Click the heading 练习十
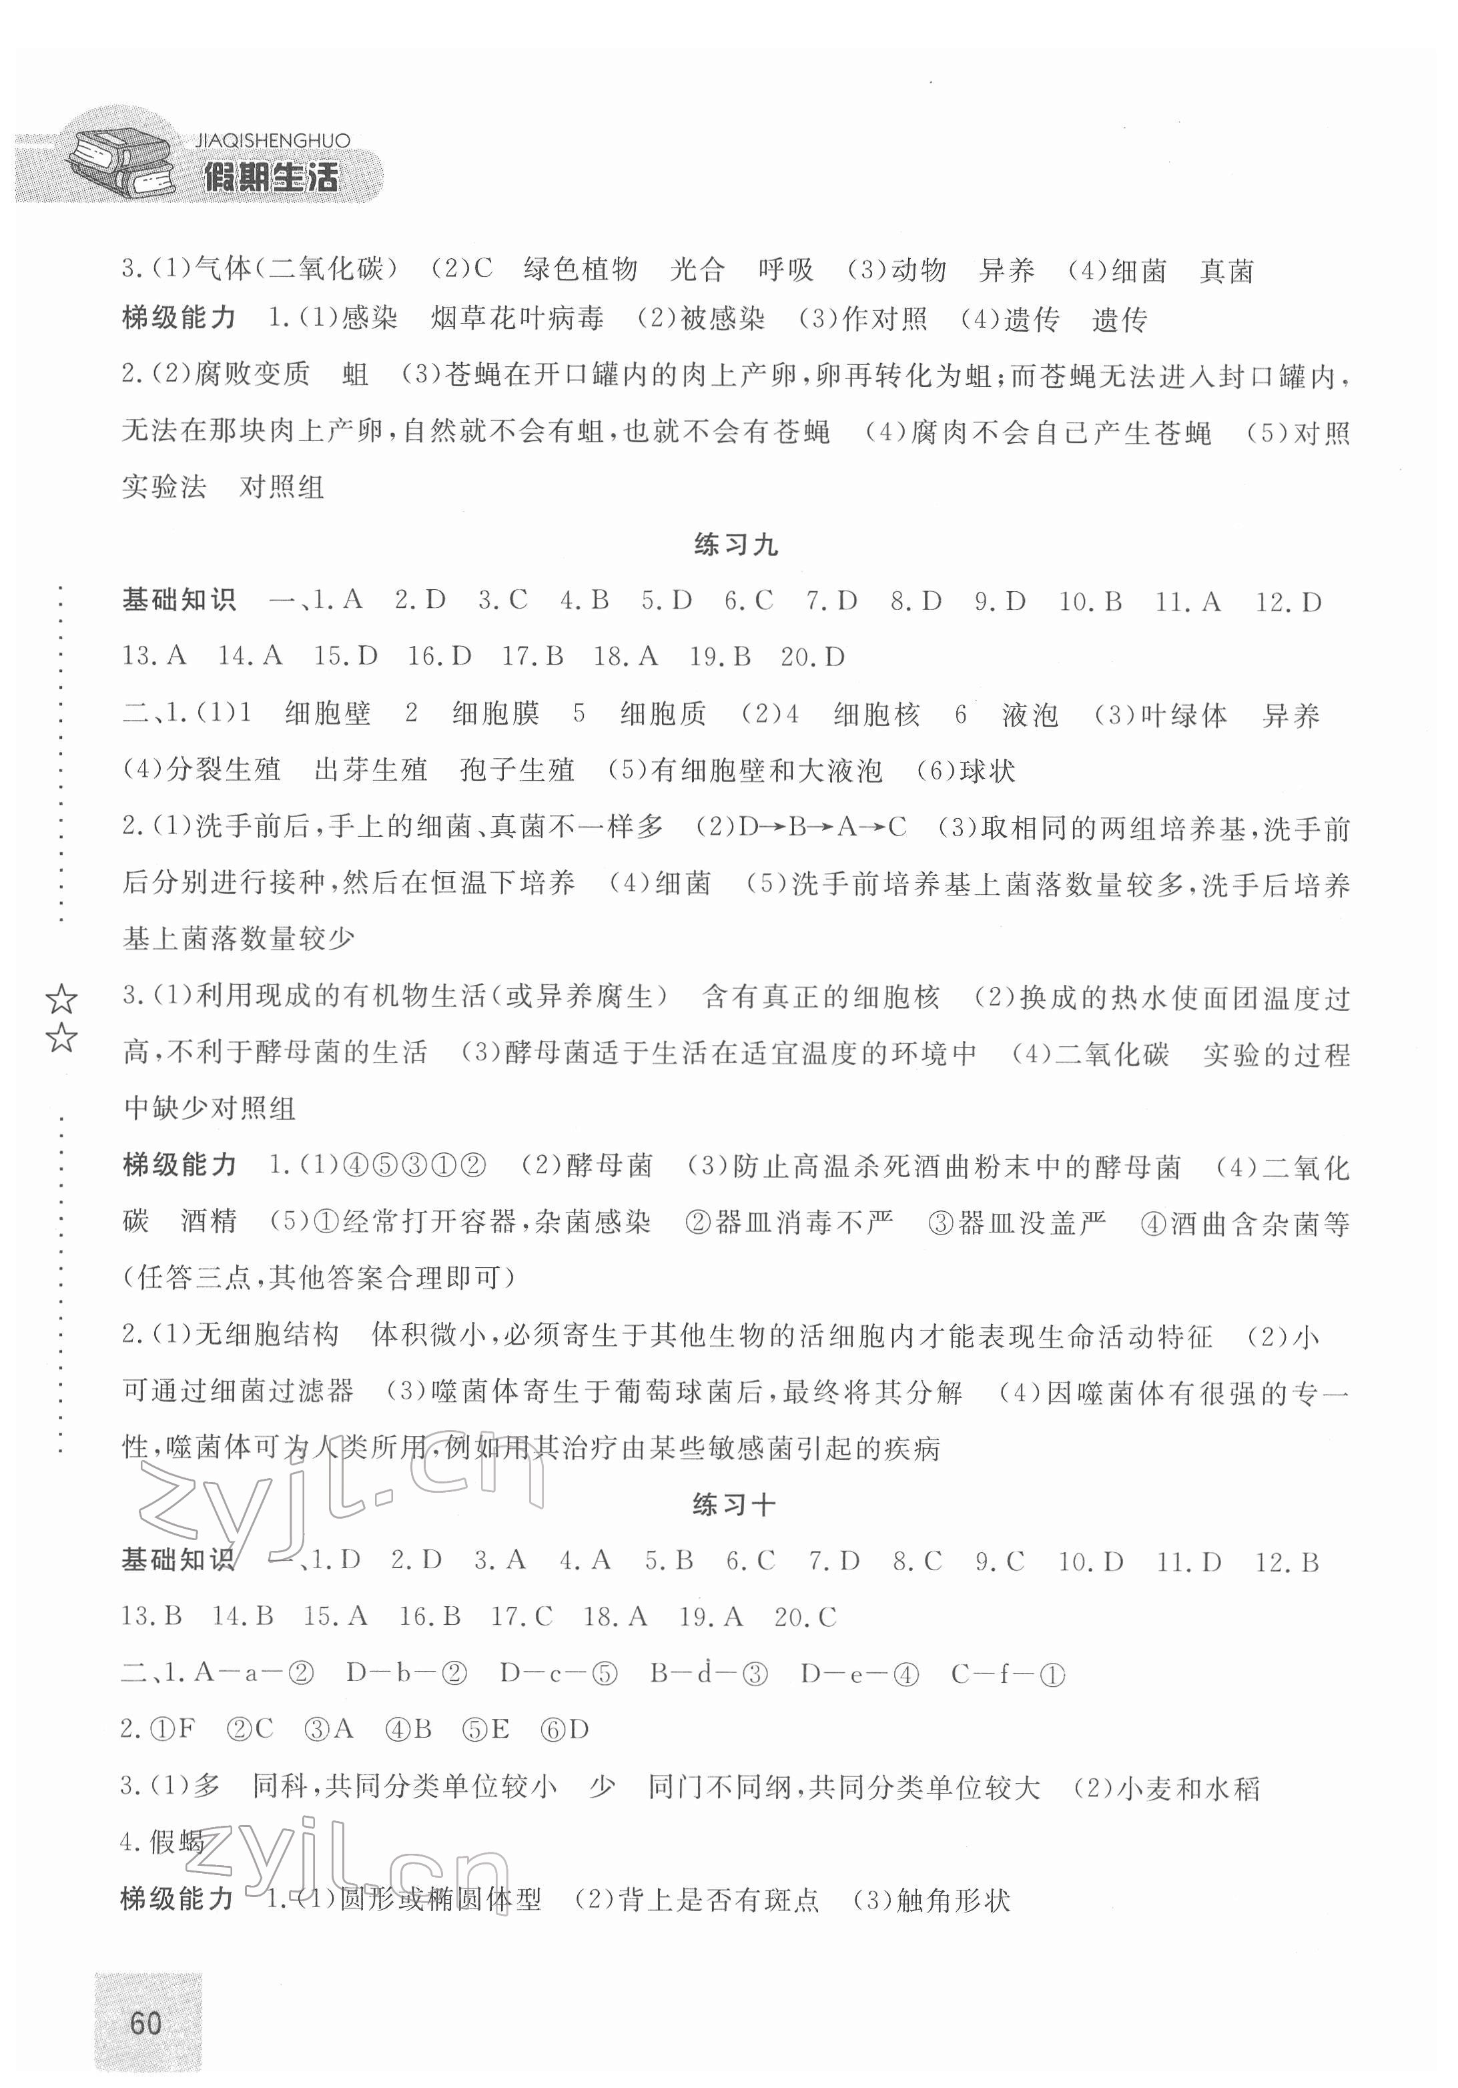733,1505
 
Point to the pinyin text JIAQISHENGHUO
272,141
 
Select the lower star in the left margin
61,1037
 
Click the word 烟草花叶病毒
516,319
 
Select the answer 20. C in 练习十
805,1617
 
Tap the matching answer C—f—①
1007,1674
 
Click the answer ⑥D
566,1729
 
